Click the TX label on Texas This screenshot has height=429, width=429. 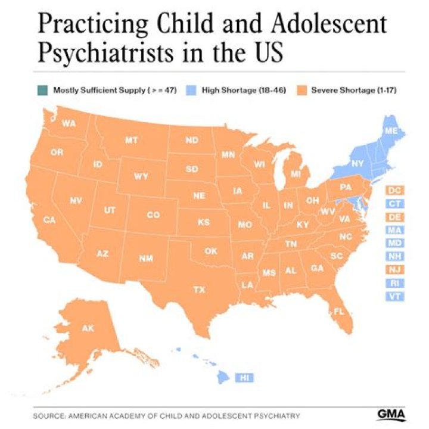(x=198, y=290)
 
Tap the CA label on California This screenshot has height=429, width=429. (x=49, y=220)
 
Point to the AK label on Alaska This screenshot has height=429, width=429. (x=88, y=328)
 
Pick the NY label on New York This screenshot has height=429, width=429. (x=357, y=163)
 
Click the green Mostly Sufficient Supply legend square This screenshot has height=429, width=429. (x=43, y=91)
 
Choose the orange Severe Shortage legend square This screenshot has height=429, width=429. (x=301, y=91)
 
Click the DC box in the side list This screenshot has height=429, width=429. (x=394, y=191)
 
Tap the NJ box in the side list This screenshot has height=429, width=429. (x=394, y=270)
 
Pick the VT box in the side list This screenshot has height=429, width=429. (x=394, y=296)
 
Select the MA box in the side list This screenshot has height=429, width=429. (x=394, y=230)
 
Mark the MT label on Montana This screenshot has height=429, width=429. (x=131, y=141)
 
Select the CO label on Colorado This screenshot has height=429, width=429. (x=153, y=215)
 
